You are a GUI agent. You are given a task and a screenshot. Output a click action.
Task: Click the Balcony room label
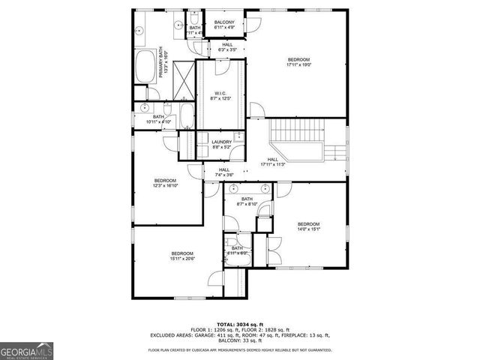pos(225,25)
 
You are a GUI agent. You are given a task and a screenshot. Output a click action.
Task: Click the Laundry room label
pos(221,145)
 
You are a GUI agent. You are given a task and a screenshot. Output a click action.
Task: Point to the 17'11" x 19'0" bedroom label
pos(298,62)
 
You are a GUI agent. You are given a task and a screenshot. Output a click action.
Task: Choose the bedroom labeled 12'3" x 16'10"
pos(165,183)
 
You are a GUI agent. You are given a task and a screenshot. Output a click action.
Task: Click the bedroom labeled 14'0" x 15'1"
pos(308,226)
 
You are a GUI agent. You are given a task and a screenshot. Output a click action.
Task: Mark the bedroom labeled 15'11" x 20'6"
pos(181,256)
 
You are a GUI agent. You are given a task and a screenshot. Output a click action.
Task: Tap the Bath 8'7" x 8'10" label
pos(247,201)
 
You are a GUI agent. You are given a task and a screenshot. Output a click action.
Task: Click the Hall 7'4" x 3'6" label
pos(224,172)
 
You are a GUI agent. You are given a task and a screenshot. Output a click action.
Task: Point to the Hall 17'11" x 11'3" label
pos(273,161)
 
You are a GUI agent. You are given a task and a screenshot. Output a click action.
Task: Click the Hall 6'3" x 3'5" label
pos(227,47)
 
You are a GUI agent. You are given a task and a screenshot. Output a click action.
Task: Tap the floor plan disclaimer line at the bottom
pos(240,350)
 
